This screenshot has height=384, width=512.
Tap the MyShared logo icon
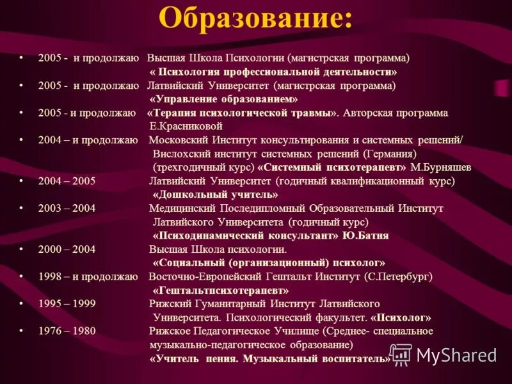click(401, 355)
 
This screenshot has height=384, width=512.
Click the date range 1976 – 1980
click(67, 331)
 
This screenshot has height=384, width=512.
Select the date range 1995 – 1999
click(67, 303)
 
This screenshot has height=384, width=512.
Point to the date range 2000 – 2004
click(67, 250)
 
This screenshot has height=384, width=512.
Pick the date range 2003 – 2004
click(67, 208)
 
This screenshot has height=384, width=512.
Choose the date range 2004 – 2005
click(67, 180)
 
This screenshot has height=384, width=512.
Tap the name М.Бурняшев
click(441, 167)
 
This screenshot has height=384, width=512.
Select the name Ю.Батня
click(365, 236)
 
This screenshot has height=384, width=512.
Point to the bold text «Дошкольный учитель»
click(215, 194)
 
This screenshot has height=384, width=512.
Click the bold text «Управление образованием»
click(223, 99)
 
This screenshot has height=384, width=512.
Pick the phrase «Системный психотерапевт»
click(332, 167)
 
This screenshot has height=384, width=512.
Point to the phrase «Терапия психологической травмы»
click(243, 113)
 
